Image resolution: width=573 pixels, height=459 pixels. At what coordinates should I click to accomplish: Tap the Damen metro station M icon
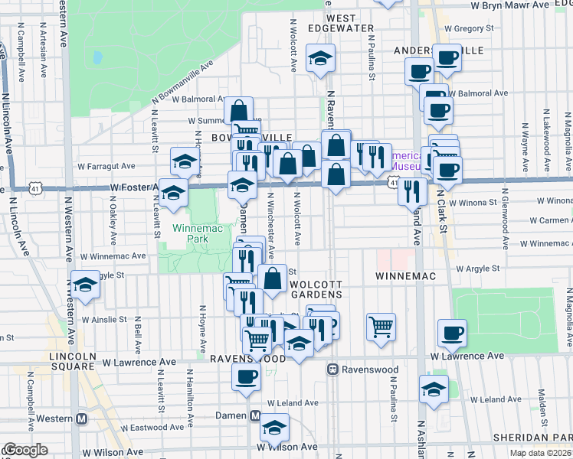[x=257, y=415]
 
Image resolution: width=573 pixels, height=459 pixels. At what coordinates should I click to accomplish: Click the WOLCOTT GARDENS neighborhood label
[x=320, y=290]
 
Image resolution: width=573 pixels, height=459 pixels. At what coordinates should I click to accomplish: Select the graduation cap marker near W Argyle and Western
[x=86, y=285]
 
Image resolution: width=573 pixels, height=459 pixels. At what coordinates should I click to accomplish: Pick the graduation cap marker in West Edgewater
[x=319, y=57]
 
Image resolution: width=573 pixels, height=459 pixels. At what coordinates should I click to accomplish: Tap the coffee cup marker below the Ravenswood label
[x=246, y=376]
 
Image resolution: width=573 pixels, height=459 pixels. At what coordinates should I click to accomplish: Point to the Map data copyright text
[x=540, y=453]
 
